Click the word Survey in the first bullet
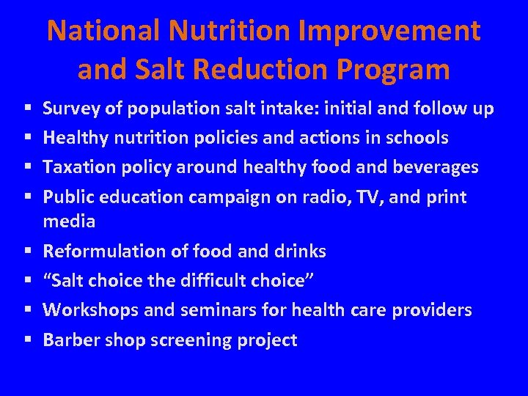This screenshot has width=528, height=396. (x=68, y=109)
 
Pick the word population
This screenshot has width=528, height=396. (x=166, y=109)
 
